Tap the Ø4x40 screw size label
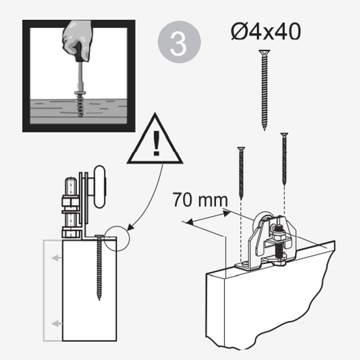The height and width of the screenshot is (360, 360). click(x=266, y=32)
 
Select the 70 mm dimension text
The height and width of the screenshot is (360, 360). click(x=200, y=200)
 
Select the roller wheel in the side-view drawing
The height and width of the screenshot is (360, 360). click(x=100, y=187)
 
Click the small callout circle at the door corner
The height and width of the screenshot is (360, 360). click(x=117, y=238)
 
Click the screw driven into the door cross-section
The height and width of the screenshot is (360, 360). click(x=99, y=268)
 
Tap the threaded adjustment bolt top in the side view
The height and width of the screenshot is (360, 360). click(x=70, y=186)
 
